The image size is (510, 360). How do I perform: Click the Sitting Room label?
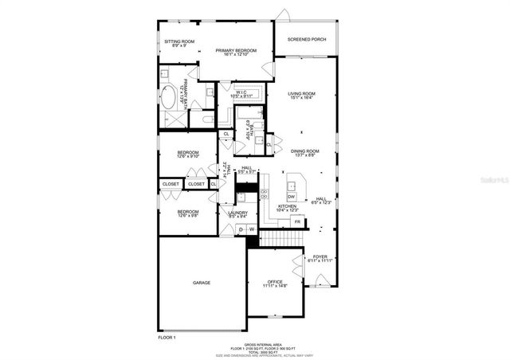pos(179,43)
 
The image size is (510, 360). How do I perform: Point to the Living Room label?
pos(302,96)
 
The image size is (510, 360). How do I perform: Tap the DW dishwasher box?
pos(292,197)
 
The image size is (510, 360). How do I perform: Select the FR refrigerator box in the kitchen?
pos(297,221)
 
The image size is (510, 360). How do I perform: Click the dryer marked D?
pos(241,230)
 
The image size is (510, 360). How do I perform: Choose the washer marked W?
pos(252,230)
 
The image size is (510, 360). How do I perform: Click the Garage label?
pos(202,282)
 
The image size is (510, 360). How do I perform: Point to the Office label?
pos(276,283)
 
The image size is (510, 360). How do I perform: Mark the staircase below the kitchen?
pos(280,237)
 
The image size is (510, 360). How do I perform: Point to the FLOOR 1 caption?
pos(167,338)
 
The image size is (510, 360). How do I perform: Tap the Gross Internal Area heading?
pos(254,344)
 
